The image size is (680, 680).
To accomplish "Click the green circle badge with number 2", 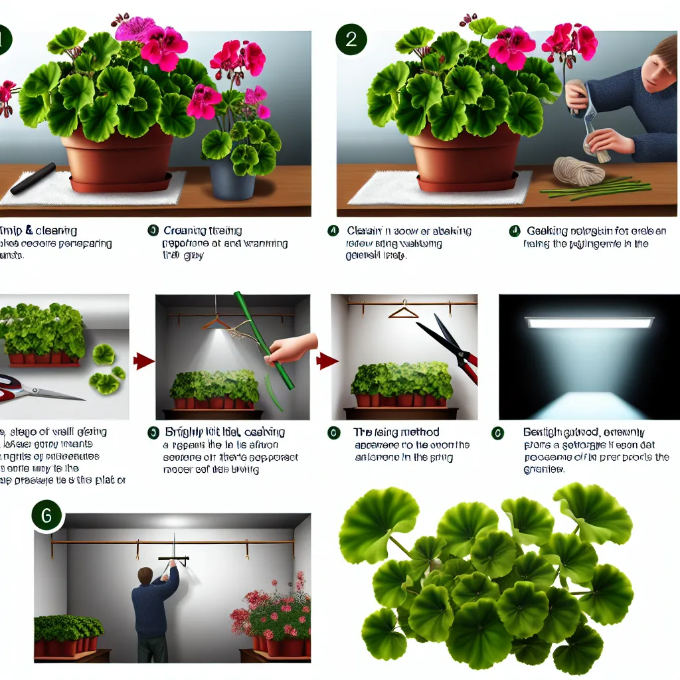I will tap(351, 39).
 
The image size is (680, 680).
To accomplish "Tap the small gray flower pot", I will tap(232, 179).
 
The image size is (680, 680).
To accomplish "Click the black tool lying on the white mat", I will tap(33, 178).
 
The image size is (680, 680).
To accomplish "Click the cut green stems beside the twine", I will tap(584, 189).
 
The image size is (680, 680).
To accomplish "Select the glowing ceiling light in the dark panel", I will tap(589, 323).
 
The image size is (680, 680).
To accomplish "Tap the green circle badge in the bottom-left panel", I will tap(48, 515).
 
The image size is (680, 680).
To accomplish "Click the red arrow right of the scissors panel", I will tap(144, 361).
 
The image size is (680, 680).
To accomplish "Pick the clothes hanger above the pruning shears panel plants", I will tap(402, 309).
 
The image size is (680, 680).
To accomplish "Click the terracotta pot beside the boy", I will tap(464, 156).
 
